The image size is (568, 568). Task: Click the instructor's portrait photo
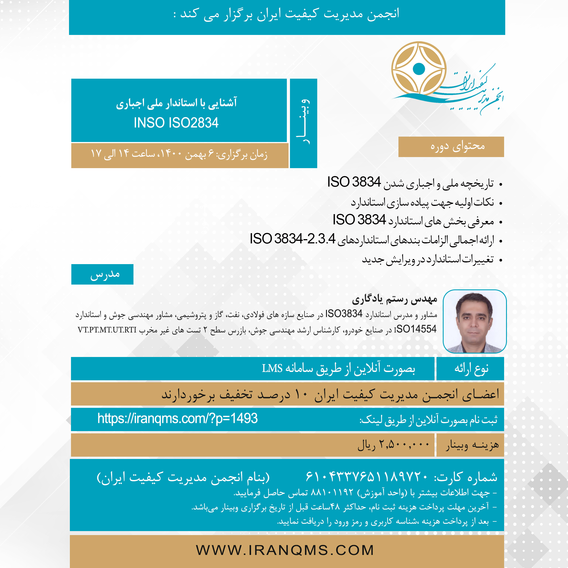[475, 321]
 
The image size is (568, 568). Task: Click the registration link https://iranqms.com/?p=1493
[177, 418]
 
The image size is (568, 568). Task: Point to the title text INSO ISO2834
[176, 123]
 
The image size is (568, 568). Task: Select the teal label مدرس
[105, 274]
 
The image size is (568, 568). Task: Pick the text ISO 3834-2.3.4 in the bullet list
[292, 239]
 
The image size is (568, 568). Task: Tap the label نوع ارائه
[471, 369]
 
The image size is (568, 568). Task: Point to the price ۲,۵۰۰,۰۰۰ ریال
[393, 444]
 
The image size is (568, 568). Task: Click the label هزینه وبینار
[472, 445]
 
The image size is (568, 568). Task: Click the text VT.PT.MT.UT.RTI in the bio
[107, 330]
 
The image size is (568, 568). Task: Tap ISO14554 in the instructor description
[415, 329]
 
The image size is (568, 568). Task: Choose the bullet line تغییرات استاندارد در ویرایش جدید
[427, 260]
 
